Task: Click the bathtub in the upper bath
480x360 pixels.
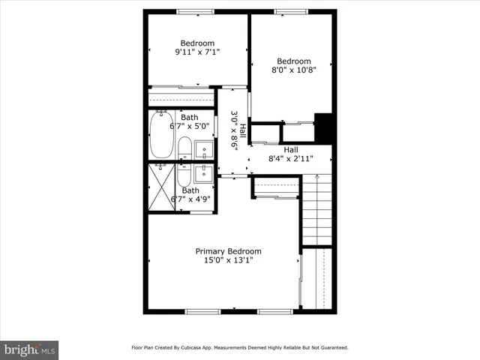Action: point(162,135)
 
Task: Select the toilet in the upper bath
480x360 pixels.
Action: point(185,147)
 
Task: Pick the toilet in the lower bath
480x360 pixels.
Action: point(184,177)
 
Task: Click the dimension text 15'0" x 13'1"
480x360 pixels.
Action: point(229,260)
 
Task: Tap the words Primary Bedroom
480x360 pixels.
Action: point(229,251)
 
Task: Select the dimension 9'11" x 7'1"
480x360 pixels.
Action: point(197,52)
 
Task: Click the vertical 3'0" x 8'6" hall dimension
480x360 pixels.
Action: point(234,131)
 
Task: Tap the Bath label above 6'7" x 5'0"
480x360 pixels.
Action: point(190,117)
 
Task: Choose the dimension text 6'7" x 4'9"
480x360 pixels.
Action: point(190,199)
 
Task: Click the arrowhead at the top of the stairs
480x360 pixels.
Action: point(318,177)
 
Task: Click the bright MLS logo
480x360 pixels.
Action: point(29,349)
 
